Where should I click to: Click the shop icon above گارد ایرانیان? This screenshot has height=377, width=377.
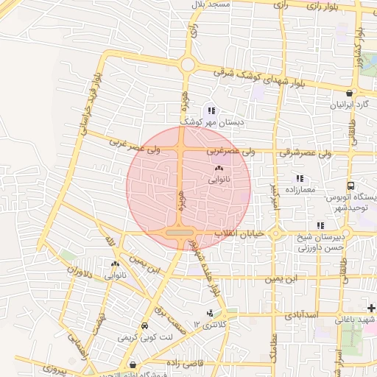coord(350,94)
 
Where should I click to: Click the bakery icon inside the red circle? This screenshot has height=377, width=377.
coord(219,169)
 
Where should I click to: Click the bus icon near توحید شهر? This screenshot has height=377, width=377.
coord(350,186)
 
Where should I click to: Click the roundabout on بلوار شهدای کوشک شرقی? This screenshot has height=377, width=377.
coord(187,65)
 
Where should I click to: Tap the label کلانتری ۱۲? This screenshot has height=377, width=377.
coord(212,324)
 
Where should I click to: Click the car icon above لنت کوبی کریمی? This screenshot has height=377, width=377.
coord(144,326)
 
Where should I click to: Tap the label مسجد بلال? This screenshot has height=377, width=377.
coord(211,4)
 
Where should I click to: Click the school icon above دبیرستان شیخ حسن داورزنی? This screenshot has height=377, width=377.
coord(320,225)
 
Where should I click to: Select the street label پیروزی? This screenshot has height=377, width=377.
coord(53,366)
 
